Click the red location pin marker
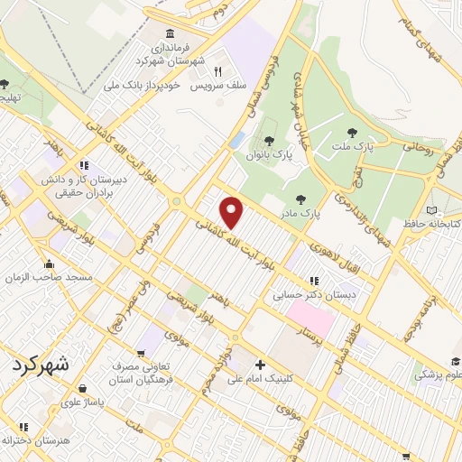[x=233, y=212]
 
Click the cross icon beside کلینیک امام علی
[x=261, y=365]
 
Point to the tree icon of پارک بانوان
[x=268, y=140]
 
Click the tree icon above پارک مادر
[x=300, y=199]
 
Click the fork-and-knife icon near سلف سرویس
[x=217, y=71]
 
